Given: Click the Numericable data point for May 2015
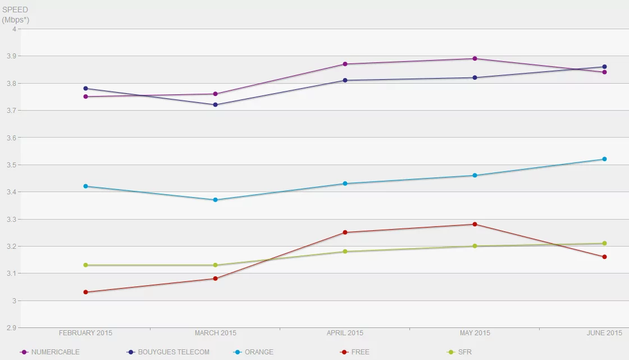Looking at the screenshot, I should [475, 58].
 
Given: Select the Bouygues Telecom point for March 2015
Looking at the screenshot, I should [215, 105].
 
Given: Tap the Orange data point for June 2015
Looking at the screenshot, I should [604, 159].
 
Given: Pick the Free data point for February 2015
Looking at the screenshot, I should [85, 292].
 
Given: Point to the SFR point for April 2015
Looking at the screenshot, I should [345, 252].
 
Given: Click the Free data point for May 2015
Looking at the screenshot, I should [475, 225].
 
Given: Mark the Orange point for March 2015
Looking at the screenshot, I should [215, 200].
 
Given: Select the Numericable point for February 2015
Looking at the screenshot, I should [85, 97].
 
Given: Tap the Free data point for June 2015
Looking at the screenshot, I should [604, 257].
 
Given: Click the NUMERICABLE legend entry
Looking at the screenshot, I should [55, 352].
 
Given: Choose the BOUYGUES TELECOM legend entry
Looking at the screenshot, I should [176, 352].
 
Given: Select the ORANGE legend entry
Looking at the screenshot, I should [259, 352].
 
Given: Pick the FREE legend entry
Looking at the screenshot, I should [360, 352].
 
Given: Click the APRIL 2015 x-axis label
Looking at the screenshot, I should [345, 333].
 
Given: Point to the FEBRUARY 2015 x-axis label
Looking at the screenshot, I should [85, 333].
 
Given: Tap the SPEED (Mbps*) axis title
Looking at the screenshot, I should [15, 15].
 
